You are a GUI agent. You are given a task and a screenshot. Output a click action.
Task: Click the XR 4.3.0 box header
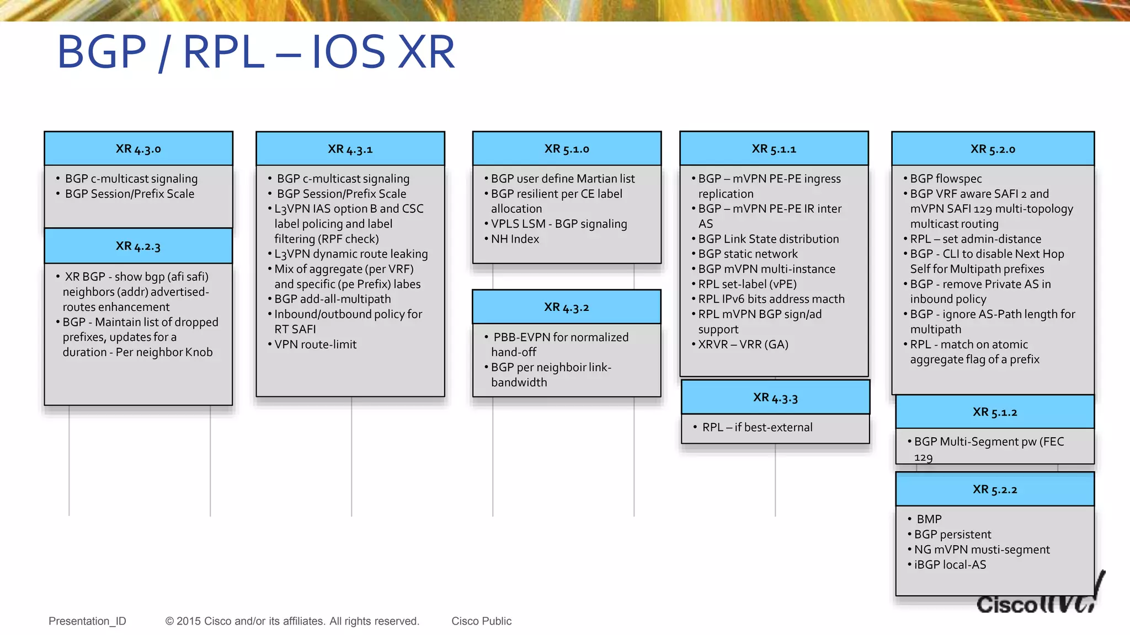click(138, 149)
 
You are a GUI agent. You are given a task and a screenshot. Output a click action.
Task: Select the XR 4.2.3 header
click(138, 246)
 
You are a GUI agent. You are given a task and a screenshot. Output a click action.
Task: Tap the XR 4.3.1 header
click(350, 149)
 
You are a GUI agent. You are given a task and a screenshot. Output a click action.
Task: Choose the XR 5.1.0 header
click(567, 149)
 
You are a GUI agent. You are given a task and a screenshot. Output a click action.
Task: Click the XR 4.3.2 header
click(567, 307)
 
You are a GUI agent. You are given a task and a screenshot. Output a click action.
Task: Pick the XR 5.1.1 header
click(774, 149)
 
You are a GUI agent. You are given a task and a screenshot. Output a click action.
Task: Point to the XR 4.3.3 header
click(775, 397)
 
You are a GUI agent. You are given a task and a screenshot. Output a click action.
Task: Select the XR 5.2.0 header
click(993, 149)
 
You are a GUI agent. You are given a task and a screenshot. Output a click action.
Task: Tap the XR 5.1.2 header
click(995, 412)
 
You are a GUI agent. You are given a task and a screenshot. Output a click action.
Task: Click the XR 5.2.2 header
click(995, 489)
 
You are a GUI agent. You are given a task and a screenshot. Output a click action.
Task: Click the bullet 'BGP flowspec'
click(946, 179)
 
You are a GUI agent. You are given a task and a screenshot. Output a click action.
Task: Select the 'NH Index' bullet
click(515, 239)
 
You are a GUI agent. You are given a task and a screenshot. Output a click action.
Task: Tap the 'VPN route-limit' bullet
click(315, 344)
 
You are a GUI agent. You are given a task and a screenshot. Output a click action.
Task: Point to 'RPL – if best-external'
click(757, 427)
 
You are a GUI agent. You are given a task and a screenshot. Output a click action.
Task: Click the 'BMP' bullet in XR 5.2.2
click(929, 519)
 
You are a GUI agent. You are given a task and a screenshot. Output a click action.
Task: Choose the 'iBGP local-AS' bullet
click(950, 564)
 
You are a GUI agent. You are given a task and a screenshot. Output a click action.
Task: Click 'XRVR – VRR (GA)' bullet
click(743, 344)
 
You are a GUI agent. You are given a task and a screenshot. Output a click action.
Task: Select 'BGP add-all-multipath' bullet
click(332, 299)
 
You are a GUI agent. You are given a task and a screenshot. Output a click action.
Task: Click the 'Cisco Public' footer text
click(481, 621)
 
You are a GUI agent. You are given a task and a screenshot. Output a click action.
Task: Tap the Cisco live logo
click(1037, 601)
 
